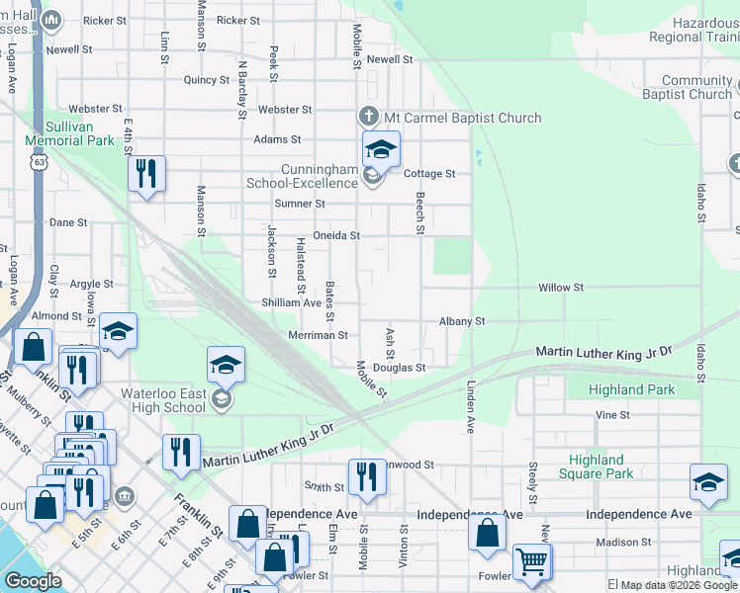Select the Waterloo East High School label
click(163, 400)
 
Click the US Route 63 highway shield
click(39, 160)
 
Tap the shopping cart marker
click(532, 561)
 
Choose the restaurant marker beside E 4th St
click(145, 175)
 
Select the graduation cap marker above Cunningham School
click(380, 149)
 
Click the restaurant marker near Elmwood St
click(366, 476)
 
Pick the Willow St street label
click(560, 288)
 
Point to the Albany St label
click(461, 321)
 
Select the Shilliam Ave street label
click(291, 302)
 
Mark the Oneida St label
click(335, 236)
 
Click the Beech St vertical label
click(419, 213)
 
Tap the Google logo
click(33, 581)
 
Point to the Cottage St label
click(429, 174)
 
